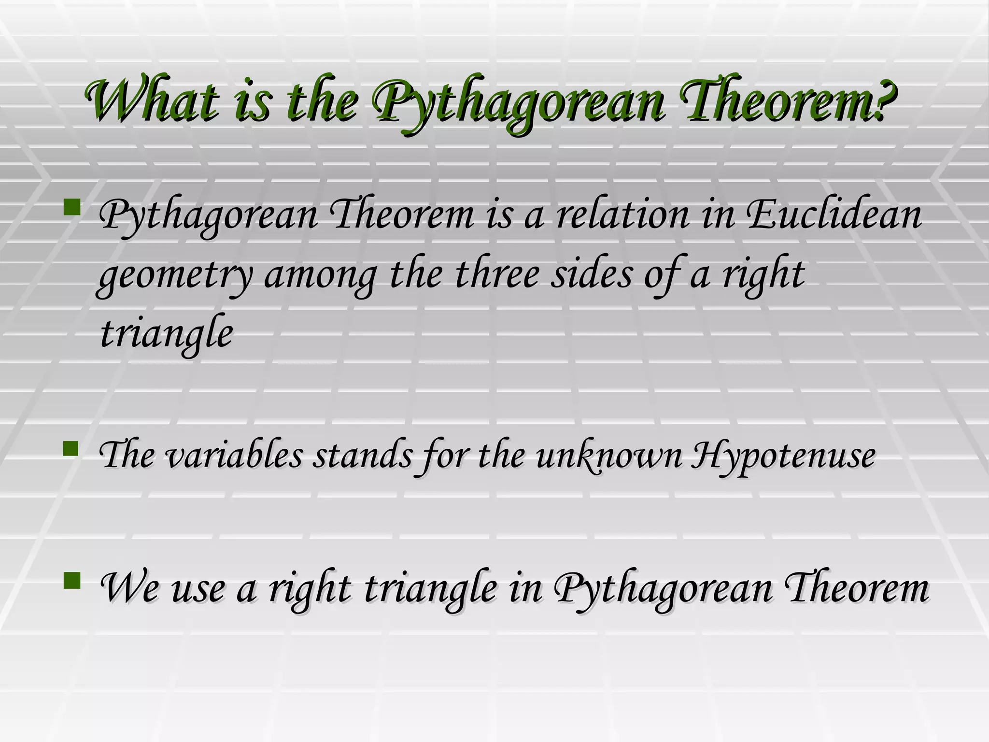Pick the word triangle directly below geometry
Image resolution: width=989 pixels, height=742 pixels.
166,334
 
